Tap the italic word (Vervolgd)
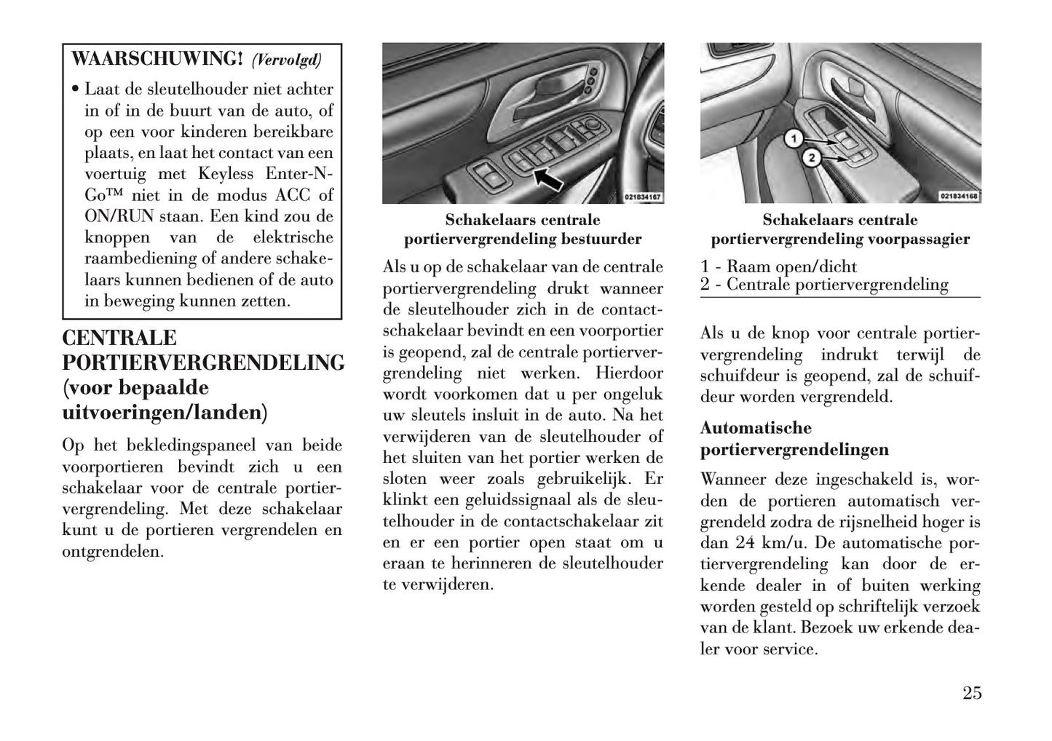click(x=286, y=59)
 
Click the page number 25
click(x=971, y=692)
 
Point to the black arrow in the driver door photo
click(x=548, y=178)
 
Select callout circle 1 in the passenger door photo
click(x=794, y=138)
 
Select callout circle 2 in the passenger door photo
click(x=812, y=157)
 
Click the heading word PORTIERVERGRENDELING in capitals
click(x=204, y=362)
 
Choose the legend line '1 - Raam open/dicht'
click(x=778, y=266)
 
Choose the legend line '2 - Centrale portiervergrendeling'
click(x=824, y=285)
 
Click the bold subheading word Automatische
click(x=756, y=427)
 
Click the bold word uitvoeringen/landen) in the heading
click(x=165, y=413)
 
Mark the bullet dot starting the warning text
click(x=75, y=90)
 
